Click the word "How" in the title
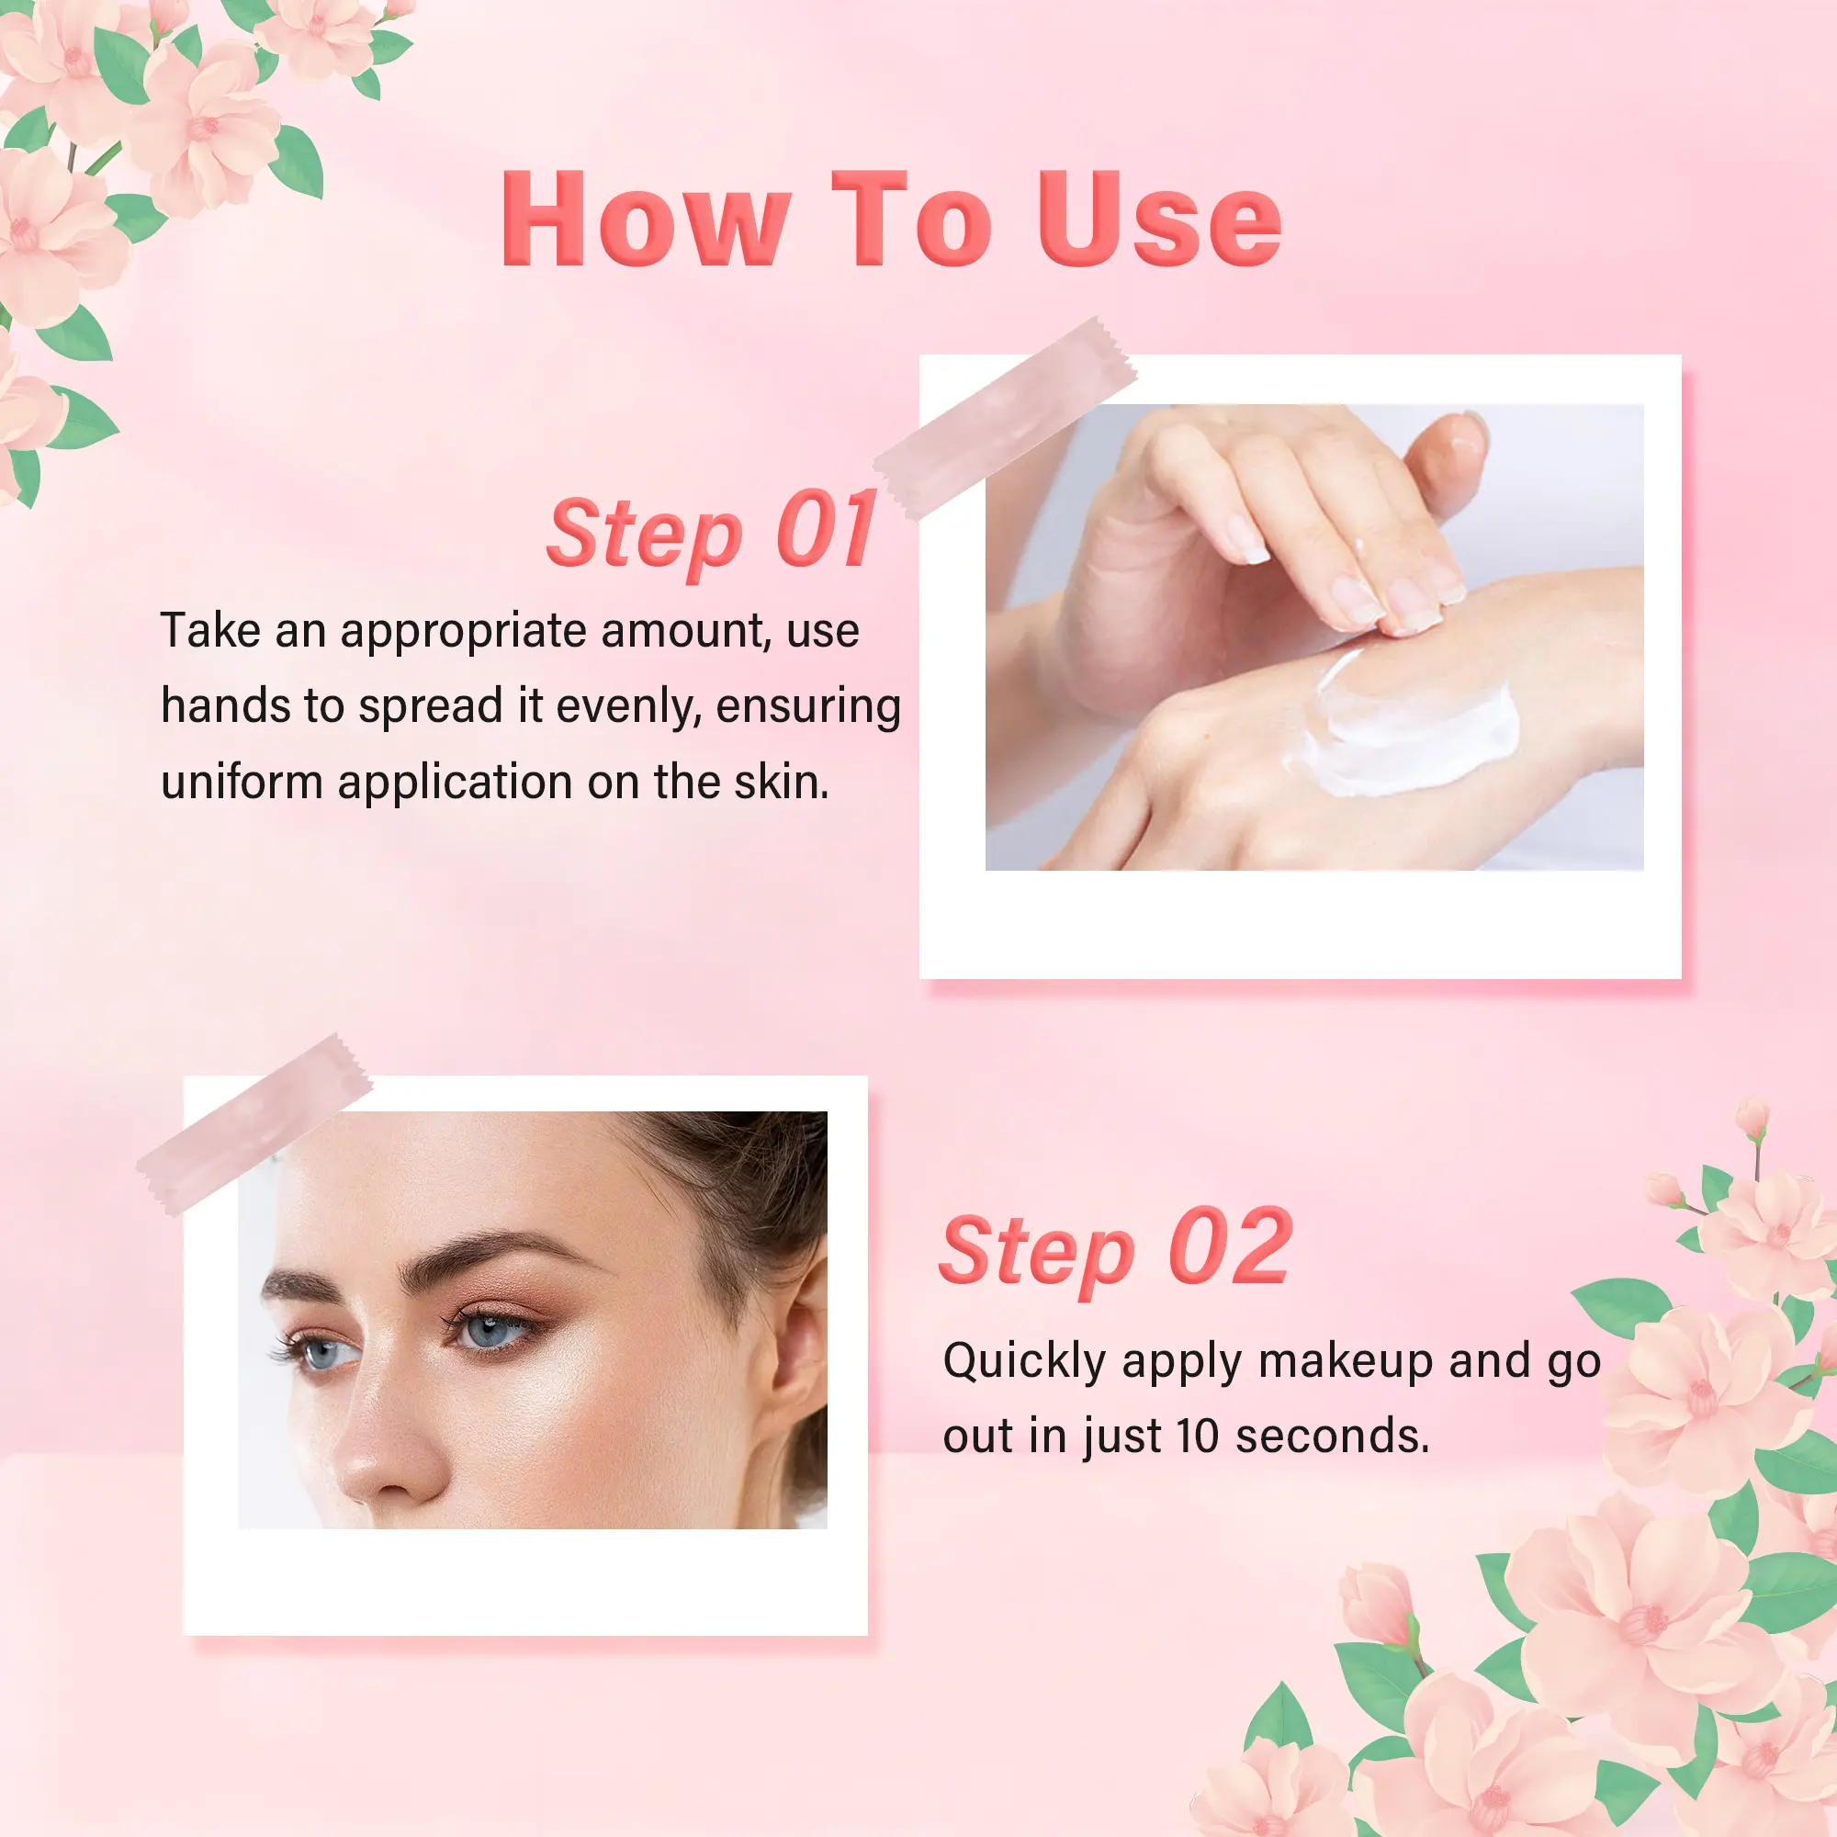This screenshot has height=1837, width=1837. click(647, 220)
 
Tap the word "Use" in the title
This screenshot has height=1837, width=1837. click(1159, 220)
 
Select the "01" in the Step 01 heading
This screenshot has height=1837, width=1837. click(826, 529)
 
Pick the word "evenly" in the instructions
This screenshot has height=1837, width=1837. click(628, 706)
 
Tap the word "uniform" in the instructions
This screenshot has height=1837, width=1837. click(242, 783)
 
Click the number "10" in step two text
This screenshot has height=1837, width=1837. click(1197, 1436)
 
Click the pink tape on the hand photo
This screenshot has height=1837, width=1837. click(1005, 418)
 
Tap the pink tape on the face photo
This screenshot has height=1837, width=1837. click(254, 1125)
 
